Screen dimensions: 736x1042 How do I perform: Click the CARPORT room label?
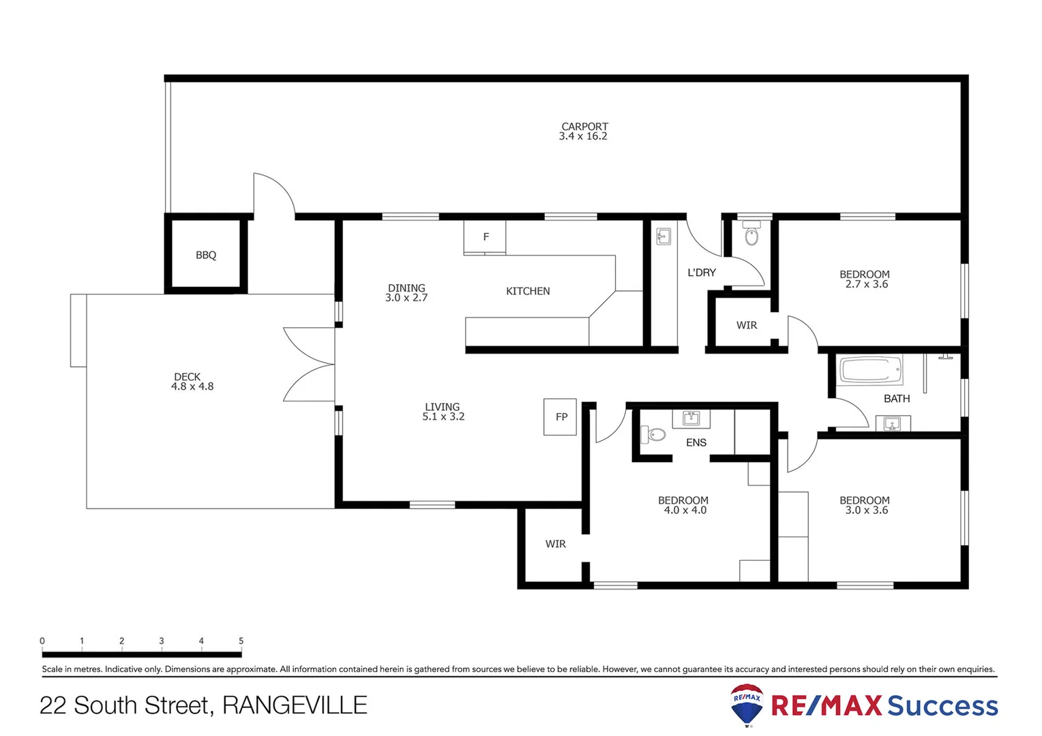pyautogui.click(x=584, y=131)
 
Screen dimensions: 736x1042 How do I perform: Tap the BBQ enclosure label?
pyautogui.click(x=206, y=255)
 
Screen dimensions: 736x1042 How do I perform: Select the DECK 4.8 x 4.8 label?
pyautogui.click(x=192, y=382)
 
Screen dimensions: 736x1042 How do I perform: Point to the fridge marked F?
pyautogui.click(x=486, y=237)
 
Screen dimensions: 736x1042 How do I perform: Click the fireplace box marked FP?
pyautogui.click(x=561, y=417)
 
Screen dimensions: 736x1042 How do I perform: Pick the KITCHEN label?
pyautogui.click(x=528, y=291)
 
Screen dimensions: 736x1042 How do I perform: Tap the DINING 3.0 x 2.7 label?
pyautogui.click(x=406, y=293)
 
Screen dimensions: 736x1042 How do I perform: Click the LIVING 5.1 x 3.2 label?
pyautogui.click(x=443, y=412)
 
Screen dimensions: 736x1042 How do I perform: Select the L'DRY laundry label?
pyautogui.click(x=702, y=273)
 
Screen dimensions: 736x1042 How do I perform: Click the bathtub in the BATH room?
pyautogui.click(x=871, y=371)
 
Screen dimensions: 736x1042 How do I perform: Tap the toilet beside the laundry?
pyautogui.click(x=751, y=235)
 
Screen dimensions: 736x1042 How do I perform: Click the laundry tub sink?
pyautogui.click(x=664, y=236)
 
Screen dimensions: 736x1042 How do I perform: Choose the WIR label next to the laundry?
pyautogui.click(x=747, y=325)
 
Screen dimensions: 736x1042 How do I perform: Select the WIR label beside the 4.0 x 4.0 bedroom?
pyautogui.click(x=555, y=544)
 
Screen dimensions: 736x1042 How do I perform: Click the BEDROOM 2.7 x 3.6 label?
pyautogui.click(x=865, y=279)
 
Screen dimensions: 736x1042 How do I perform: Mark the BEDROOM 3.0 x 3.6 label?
pyautogui.click(x=865, y=505)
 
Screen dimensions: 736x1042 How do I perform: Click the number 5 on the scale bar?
pyautogui.click(x=241, y=641)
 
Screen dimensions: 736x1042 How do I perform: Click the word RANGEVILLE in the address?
pyautogui.click(x=295, y=705)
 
